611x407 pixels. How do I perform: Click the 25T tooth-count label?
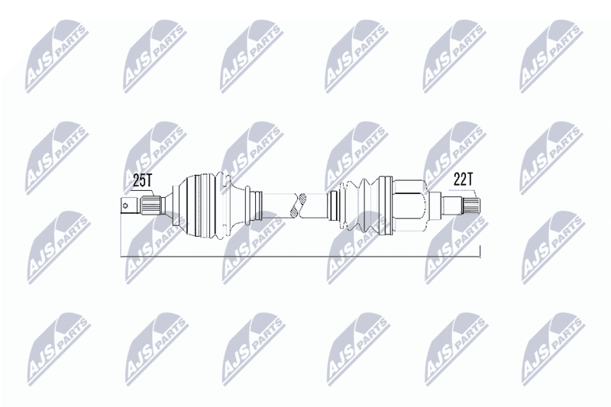coord(142,181)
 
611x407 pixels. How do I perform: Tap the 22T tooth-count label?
coord(463,179)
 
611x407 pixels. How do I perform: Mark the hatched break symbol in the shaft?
coord(299,205)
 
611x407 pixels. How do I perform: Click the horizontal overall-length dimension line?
coord(300,257)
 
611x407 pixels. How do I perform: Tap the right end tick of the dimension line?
coord(480,251)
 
